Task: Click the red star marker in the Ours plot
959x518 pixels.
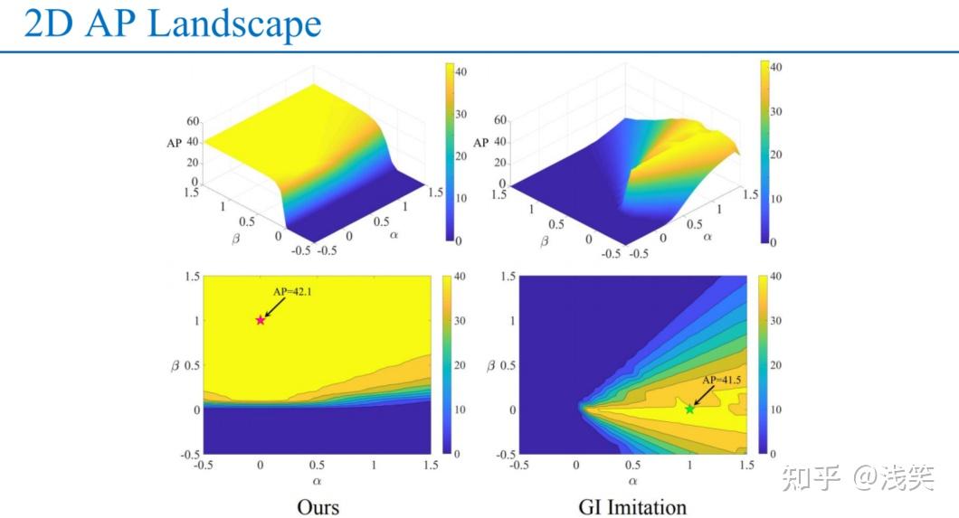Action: pyautogui.click(x=261, y=320)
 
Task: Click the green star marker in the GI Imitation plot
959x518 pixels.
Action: pyautogui.click(x=690, y=410)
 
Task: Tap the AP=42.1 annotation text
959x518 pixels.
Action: pyautogui.click(x=292, y=292)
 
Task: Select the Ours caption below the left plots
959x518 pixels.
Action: pyautogui.click(x=318, y=505)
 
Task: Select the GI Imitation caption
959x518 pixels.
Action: pyautogui.click(x=632, y=506)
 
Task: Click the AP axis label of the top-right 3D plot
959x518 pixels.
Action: pyautogui.click(x=481, y=143)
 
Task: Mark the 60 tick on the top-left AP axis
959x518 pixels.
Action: pyautogui.click(x=192, y=121)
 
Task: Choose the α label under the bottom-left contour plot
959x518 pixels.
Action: pyautogui.click(x=318, y=482)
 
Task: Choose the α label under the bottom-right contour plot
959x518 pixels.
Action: pyautogui.click(x=632, y=482)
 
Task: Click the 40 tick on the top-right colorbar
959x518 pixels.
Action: pyautogui.click(x=777, y=67)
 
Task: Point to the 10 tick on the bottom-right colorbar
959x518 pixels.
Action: pyautogui.click(x=777, y=410)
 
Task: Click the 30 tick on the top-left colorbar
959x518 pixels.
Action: pyautogui.click(x=461, y=113)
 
